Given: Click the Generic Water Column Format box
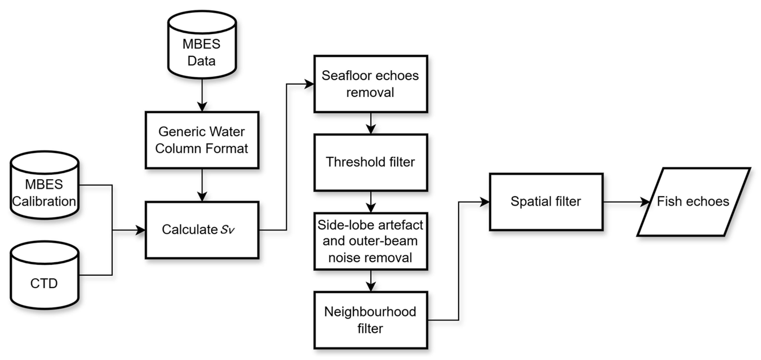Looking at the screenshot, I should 202,140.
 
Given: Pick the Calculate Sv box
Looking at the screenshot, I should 202,230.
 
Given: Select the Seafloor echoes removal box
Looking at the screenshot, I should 371,84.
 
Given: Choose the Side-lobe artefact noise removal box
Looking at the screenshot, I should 371,241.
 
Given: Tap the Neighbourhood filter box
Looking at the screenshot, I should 371,320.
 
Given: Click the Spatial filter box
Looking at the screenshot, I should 546,202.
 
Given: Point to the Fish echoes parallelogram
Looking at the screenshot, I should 693,202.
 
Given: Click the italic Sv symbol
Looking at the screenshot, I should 227,230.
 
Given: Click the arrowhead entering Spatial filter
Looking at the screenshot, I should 484,202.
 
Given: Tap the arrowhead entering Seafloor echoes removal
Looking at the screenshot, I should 309,84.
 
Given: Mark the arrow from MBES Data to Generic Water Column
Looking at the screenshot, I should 202,95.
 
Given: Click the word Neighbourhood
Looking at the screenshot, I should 370,312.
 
